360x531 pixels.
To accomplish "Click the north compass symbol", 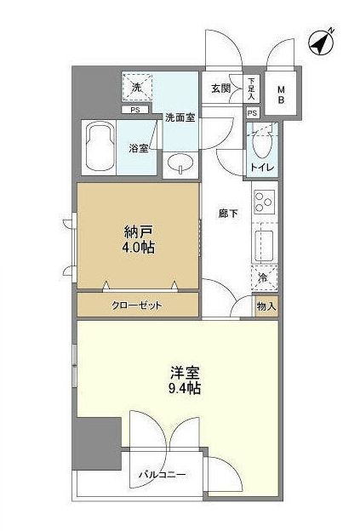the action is click(322, 42).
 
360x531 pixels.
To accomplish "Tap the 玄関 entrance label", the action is click(220, 88).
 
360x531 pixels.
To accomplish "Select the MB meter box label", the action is click(282, 94).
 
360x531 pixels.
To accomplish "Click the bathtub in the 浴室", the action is click(100, 147).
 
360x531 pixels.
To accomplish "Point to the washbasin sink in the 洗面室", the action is click(180, 164).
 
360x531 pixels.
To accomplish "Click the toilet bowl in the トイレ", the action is click(262, 145).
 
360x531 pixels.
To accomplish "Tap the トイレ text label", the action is click(262, 168).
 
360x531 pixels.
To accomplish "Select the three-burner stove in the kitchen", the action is click(264, 203).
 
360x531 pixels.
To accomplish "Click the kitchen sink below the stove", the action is click(265, 243).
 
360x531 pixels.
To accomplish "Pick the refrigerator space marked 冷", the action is click(265, 278).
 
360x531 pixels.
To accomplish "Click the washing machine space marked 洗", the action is click(136, 87).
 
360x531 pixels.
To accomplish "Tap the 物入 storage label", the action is click(267, 307).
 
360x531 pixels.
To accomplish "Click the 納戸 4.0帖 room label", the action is click(138, 240).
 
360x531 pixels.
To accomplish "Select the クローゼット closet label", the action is click(137, 305).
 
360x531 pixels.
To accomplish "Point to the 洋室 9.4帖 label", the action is click(185, 380).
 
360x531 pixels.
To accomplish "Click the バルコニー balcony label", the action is click(162, 475).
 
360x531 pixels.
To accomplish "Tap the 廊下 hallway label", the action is click(228, 214).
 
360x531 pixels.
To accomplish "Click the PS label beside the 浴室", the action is click(134, 110).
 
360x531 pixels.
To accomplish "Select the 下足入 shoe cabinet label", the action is click(251, 88).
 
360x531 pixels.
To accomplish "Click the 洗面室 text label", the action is click(180, 117).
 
